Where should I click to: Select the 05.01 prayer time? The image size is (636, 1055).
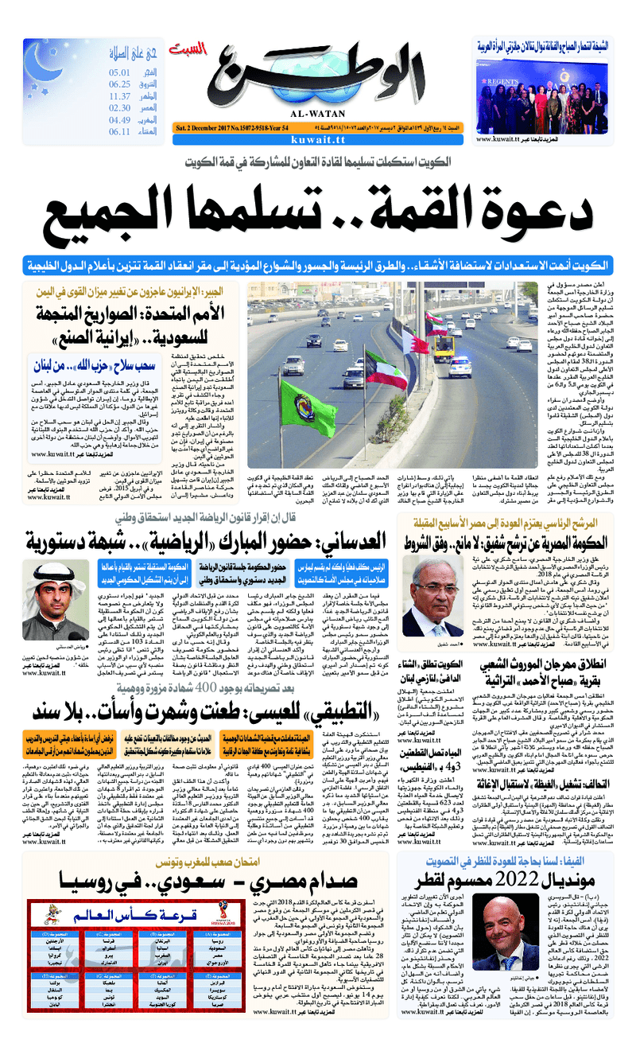click(x=120, y=72)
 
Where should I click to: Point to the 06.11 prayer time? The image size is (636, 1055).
click(x=119, y=131)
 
